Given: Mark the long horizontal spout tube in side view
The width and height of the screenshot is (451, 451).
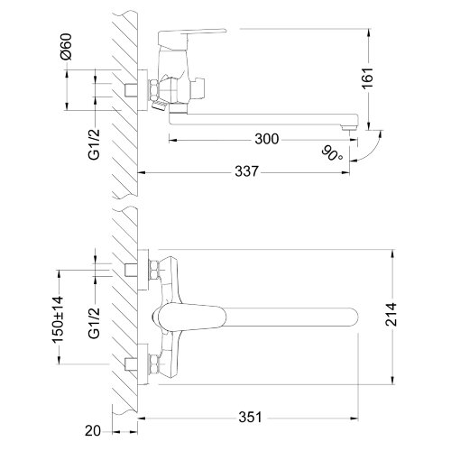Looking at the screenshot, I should tap(262, 119).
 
